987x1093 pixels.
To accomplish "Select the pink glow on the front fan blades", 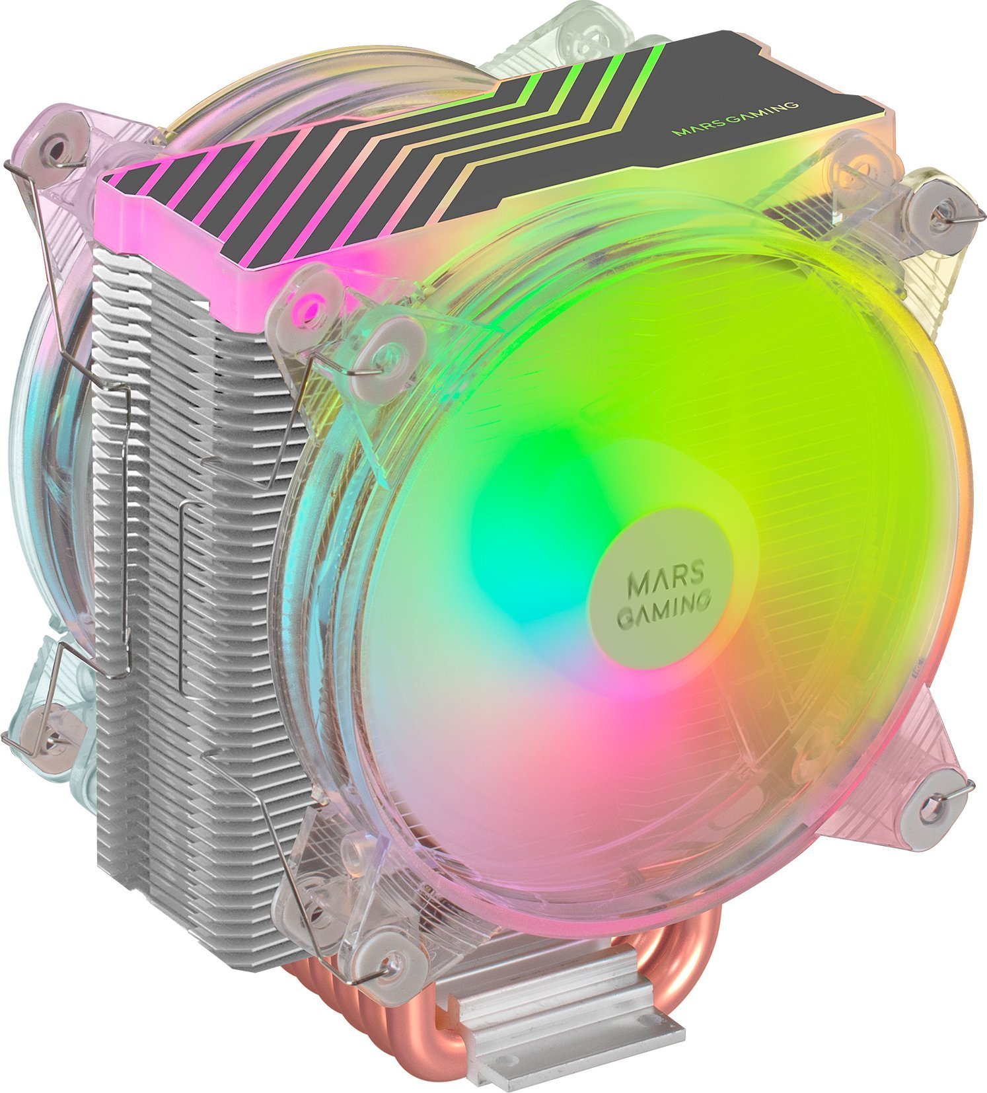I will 595,714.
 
